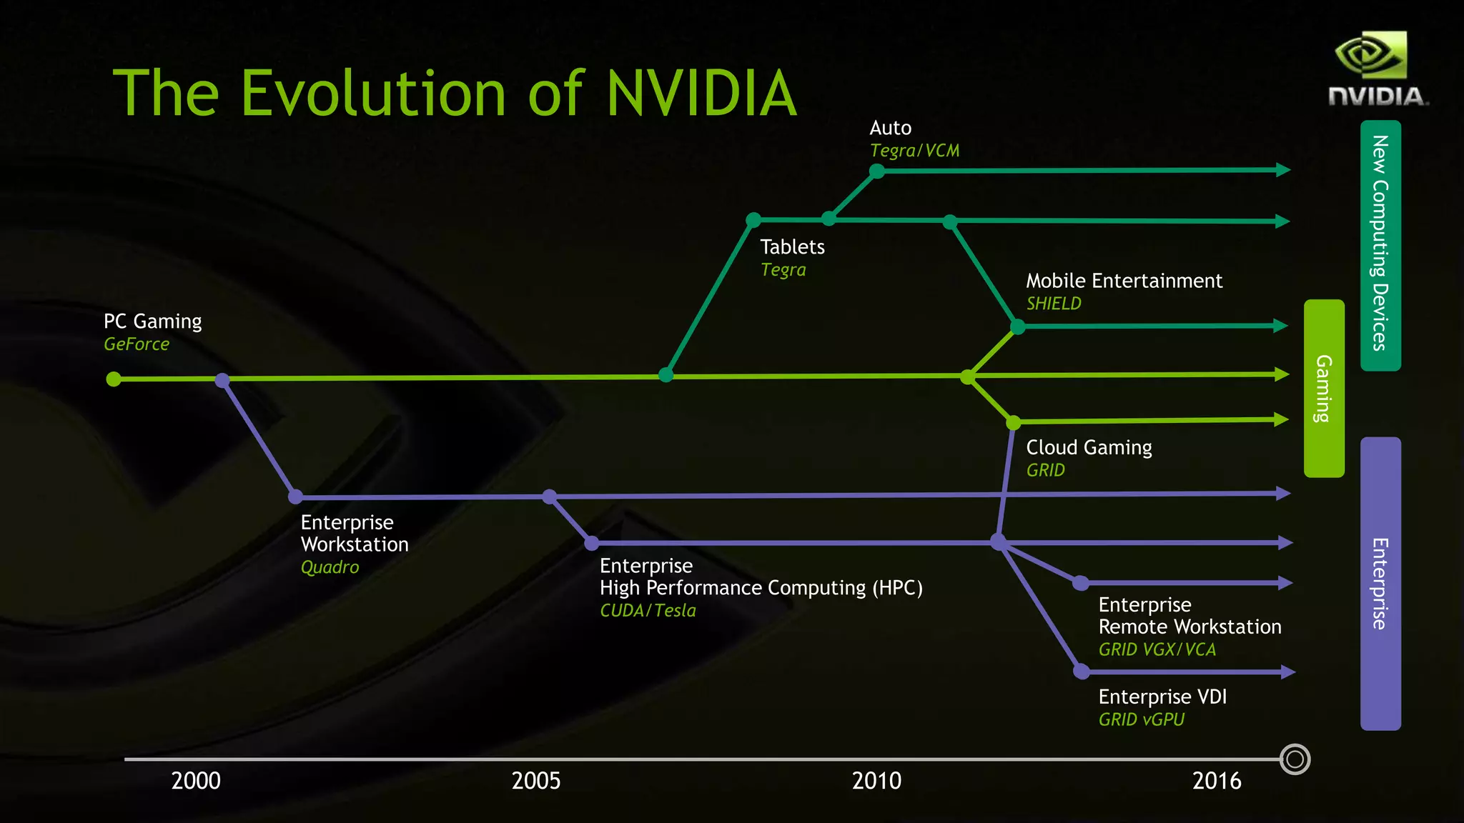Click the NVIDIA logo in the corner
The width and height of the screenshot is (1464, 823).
tap(1376, 69)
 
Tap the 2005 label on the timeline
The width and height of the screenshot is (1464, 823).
tap(536, 781)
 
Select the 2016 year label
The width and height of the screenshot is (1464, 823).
tap(1217, 781)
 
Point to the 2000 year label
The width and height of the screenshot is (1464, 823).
tap(196, 781)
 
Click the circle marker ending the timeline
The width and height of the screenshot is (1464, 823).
tap(1295, 759)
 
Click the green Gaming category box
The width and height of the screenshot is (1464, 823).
tap(1324, 388)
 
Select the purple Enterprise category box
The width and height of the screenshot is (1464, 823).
tap(1380, 583)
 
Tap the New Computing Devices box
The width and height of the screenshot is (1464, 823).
tap(1380, 244)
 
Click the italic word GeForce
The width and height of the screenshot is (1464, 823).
tap(137, 344)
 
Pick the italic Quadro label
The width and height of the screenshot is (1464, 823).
tap(330, 567)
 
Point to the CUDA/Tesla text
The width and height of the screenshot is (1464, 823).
tap(648, 611)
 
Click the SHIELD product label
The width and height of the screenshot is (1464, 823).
tap(1054, 304)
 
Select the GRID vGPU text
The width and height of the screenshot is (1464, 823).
tap(1142, 719)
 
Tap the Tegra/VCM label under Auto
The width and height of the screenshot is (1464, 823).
tap(914, 151)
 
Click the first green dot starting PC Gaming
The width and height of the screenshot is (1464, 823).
tap(114, 379)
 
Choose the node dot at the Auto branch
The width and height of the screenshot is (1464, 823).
tap(877, 171)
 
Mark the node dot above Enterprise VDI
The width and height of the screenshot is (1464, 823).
tap(1082, 672)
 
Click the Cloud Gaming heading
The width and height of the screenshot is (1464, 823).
tap(1089, 448)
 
